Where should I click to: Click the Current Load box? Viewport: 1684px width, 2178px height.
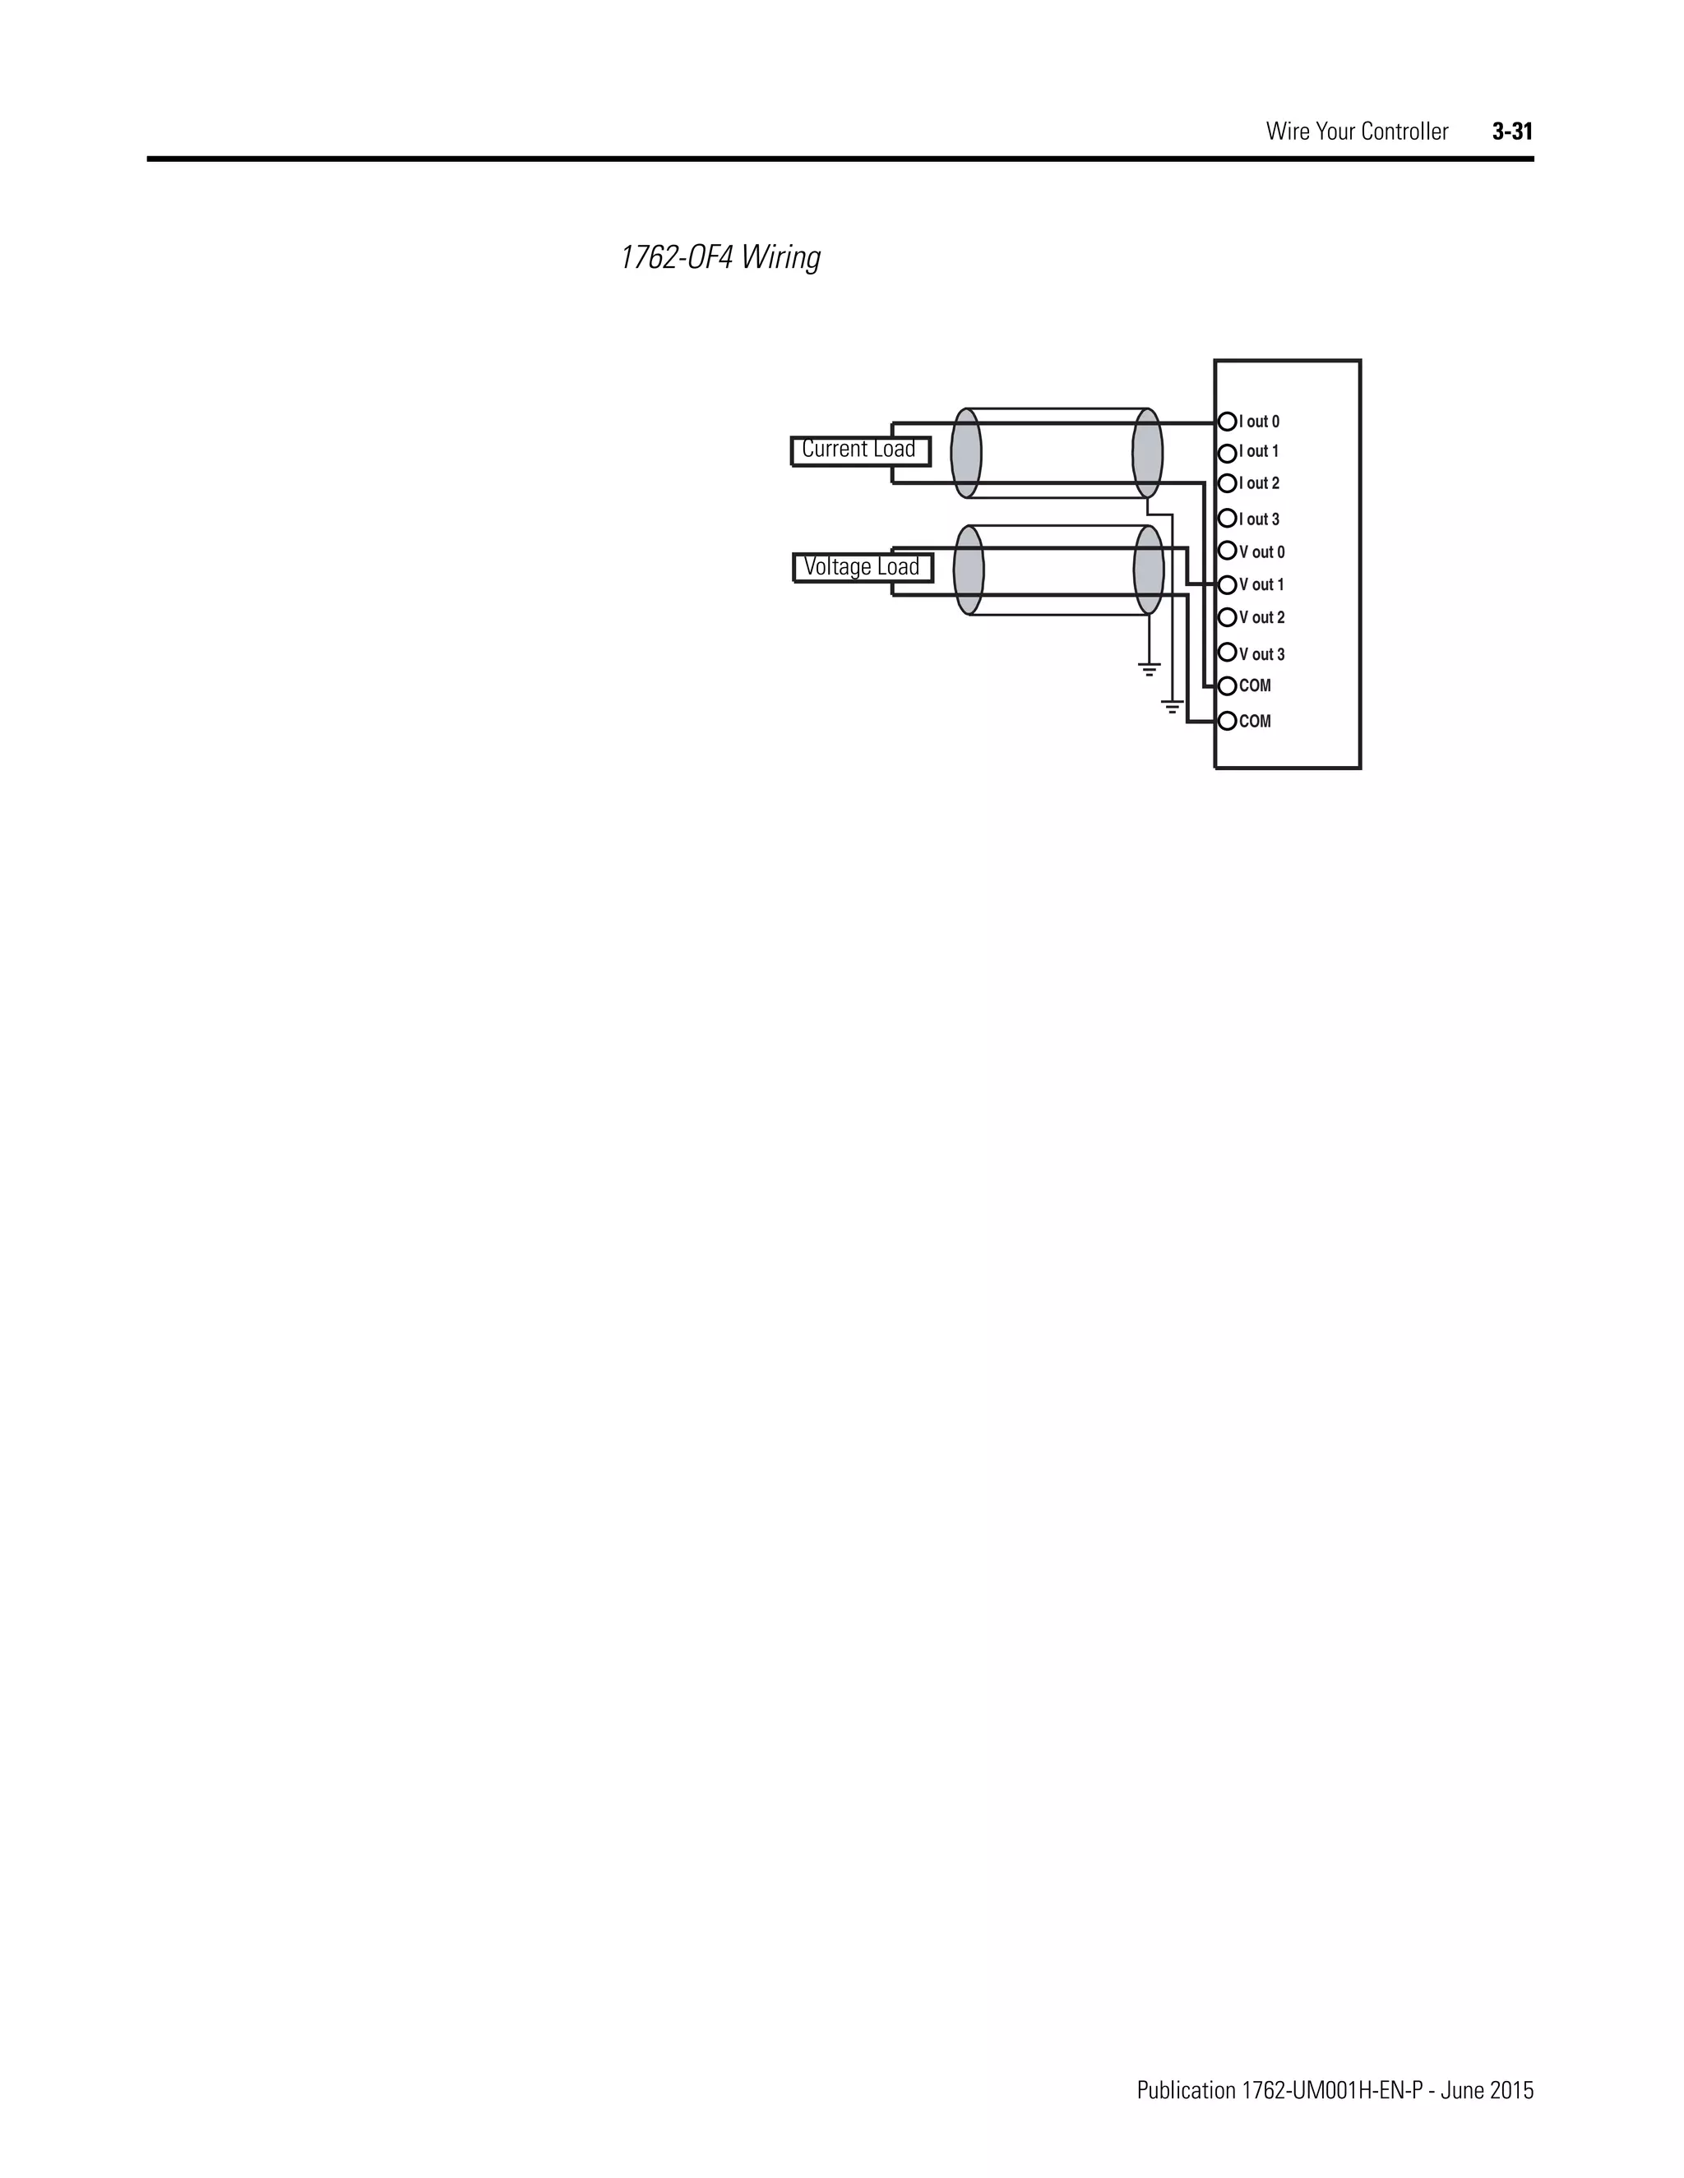coord(860,450)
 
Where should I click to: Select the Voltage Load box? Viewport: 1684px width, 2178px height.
coord(863,567)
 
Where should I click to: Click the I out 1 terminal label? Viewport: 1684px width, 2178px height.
coord(1259,452)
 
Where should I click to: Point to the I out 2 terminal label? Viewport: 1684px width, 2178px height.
coord(1259,483)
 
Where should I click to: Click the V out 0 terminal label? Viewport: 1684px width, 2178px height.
coord(1262,552)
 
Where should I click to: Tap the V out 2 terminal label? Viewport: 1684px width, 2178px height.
coord(1262,618)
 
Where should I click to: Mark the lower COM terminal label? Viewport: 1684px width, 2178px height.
coord(1255,721)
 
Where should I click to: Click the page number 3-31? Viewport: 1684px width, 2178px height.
coord(1512,132)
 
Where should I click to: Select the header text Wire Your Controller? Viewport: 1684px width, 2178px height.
coord(1357,132)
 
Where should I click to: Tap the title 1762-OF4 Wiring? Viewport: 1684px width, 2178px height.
coord(720,258)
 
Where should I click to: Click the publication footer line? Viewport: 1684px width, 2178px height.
coord(1335,2062)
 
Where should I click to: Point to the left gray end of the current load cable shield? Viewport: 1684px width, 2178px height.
coord(965,453)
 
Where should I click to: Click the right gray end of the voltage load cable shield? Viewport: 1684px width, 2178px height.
coord(1148,570)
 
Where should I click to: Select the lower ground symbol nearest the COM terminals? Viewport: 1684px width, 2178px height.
coord(1173,707)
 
